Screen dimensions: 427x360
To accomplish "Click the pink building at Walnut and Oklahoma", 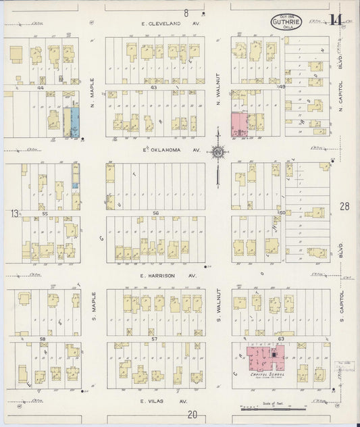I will click(238, 124).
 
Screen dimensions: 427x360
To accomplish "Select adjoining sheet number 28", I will click(344, 207).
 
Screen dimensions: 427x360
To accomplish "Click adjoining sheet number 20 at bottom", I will click(192, 415).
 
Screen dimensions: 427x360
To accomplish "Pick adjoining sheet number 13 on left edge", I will click(13, 214).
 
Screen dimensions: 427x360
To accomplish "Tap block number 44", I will click(41, 88).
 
